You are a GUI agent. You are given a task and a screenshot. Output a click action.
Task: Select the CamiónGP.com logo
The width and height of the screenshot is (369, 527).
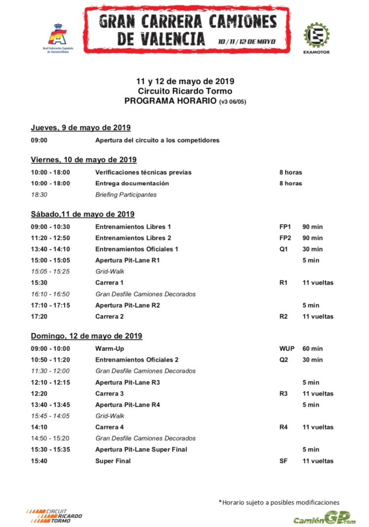324,519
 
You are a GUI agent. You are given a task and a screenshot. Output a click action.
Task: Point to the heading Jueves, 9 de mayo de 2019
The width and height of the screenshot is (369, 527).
80,128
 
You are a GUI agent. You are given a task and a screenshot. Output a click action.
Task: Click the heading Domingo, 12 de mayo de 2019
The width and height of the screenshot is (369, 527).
87,336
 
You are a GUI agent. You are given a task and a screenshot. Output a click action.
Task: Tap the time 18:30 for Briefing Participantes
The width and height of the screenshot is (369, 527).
39,195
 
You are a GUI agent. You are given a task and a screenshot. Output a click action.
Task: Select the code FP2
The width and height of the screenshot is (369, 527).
285,238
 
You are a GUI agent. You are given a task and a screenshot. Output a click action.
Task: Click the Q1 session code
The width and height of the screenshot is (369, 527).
283,249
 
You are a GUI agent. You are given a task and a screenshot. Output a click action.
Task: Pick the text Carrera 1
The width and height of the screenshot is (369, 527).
109,283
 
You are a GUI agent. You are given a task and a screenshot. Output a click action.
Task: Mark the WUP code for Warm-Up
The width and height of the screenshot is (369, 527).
286,349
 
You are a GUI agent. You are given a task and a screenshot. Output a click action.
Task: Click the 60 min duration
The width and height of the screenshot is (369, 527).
312,349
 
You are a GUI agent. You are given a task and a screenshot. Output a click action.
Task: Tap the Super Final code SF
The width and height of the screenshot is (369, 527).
283,461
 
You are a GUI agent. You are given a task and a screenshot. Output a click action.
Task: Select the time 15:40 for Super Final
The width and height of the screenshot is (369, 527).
39,461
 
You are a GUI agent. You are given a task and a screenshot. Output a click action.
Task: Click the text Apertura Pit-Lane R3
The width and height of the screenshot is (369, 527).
127,382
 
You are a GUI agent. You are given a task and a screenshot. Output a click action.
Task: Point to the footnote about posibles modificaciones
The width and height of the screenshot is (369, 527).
279,502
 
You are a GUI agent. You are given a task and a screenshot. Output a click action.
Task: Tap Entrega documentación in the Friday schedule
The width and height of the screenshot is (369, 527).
132,183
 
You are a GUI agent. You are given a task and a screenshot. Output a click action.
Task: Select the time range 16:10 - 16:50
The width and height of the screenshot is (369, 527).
50,294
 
